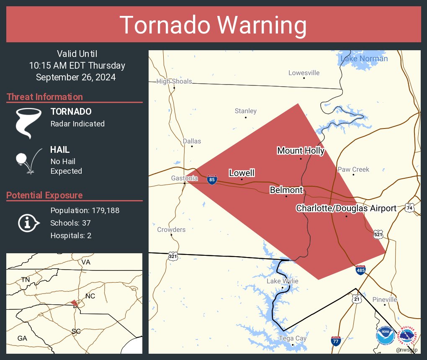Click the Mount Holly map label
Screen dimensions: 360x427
pos(301,151)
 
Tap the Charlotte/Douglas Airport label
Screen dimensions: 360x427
pos(346,208)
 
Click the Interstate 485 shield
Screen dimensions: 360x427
pos(360,270)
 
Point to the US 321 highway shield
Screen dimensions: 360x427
pos(172,256)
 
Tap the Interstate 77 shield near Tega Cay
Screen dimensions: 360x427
pos(335,341)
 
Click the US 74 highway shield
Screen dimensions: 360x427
pos(409,208)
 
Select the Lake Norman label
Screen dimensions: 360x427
pos(364,59)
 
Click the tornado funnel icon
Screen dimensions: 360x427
pos(28,123)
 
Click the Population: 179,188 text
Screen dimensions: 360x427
pos(85,210)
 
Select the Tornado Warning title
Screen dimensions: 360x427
pos(213,25)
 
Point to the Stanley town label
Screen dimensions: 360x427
pos(245,111)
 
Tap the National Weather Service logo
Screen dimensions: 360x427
pos(408,336)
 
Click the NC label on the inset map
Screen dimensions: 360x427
pos(90,296)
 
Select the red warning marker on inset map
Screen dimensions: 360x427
pos(74,303)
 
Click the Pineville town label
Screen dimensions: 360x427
pos(385,300)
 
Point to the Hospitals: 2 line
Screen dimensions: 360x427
pos(71,235)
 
